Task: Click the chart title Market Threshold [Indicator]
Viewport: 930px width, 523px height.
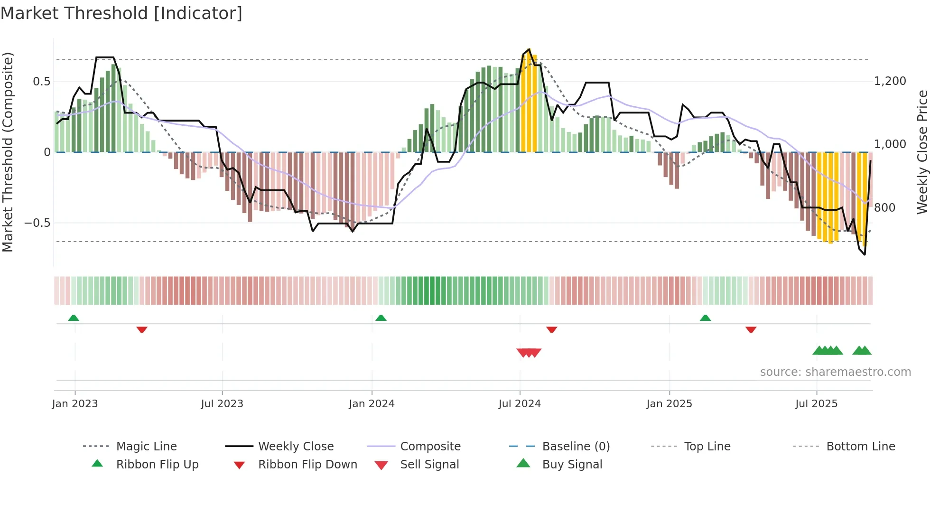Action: (121, 13)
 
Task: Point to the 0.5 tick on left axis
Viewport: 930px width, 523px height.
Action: (42, 82)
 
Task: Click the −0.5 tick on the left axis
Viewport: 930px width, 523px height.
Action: (37, 223)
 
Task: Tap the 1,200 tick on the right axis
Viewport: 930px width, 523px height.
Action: (890, 81)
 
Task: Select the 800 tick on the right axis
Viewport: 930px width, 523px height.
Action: (884, 208)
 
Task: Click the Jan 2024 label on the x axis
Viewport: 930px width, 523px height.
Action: (372, 404)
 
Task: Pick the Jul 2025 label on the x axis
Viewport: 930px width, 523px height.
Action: (816, 404)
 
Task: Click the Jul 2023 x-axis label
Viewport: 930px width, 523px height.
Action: (222, 404)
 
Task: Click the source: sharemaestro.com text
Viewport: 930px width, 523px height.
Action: (835, 372)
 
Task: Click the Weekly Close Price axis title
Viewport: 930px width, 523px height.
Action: (922, 152)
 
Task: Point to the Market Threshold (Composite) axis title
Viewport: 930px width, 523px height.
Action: (8, 152)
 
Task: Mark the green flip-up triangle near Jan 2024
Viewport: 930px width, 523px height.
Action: (381, 318)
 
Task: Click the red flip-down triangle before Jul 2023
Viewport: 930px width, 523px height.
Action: (142, 329)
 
